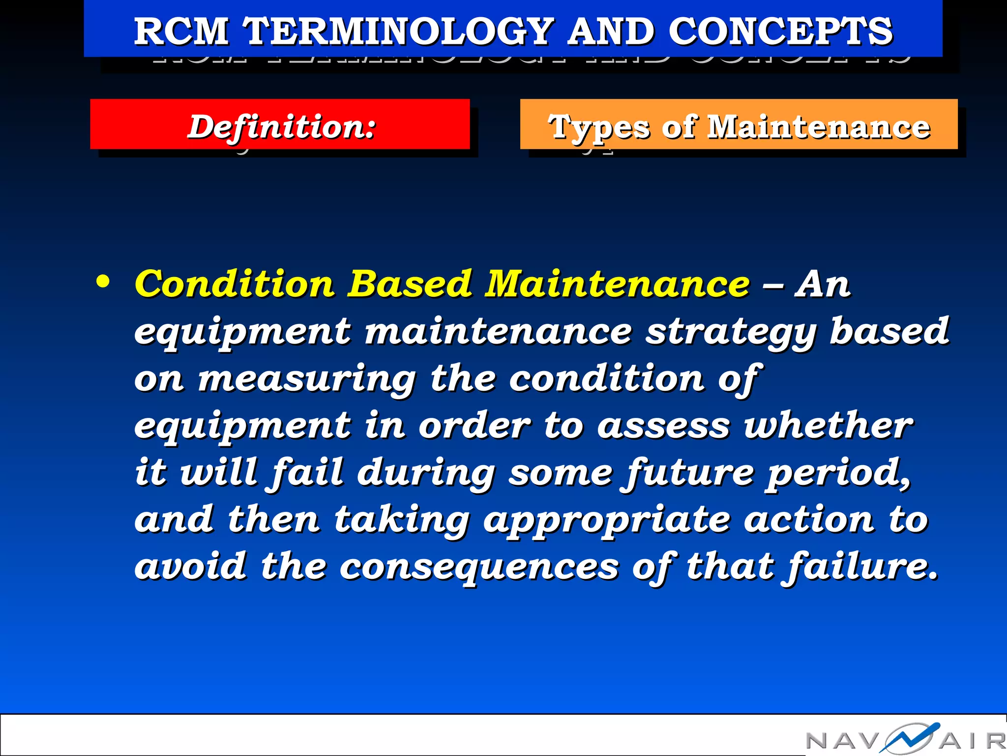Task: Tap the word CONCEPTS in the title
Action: click(780, 31)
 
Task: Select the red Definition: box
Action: click(280, 125)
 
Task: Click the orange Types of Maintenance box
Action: click(739, 125)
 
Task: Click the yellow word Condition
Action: click(235, 284)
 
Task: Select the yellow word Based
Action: click(410, 284)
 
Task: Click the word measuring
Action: click(307, 379)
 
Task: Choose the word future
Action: click(687, 473)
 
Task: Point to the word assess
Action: click(663, 426)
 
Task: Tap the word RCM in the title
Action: click(181, 31)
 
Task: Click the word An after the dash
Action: click(822, 284)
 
